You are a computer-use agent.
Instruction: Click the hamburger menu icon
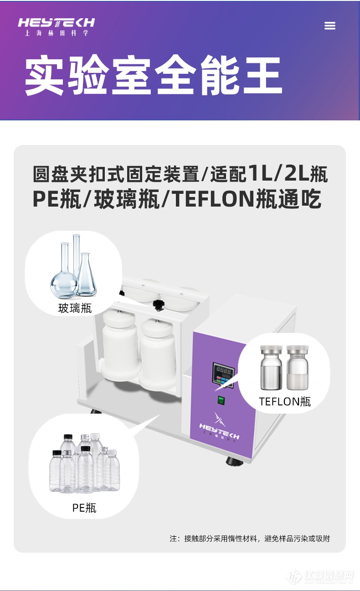[329, 26]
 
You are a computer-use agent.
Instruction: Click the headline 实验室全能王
[153, 76]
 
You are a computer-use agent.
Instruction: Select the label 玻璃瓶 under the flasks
[75, 308]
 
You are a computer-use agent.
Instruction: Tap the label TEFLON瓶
[285, 401]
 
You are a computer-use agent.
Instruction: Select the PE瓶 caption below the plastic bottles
[84, 508]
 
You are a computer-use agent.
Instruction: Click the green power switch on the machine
[221, 401]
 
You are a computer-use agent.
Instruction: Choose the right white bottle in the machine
[157, 351]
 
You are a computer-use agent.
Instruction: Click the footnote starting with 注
[250, 539]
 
